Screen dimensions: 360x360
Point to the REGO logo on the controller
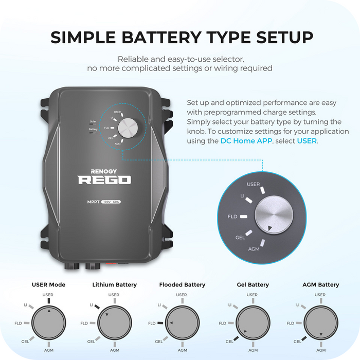tap(104, 179)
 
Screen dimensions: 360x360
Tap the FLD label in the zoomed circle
tap(232, 217)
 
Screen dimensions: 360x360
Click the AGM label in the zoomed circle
tap(254, 248)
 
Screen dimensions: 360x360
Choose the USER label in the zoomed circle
tap(253, 184)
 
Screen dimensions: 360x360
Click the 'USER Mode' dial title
tap(48, 284)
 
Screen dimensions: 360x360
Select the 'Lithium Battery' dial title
tap(115, 284)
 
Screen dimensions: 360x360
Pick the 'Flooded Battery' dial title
tap(182, 284)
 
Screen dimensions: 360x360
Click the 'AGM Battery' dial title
tap(321, 284)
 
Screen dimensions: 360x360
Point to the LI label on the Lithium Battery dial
tap(92, 305)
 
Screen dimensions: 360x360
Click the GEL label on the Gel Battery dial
tap(229, 341)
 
